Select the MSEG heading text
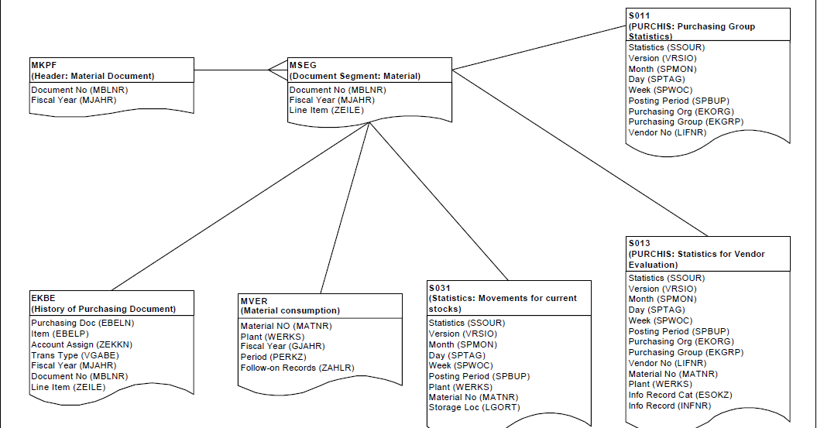click(x=303, y=65)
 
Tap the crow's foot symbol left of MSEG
click(x=277, y=70)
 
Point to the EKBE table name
click(x=43, y=298)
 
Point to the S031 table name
click(x=441, y=287)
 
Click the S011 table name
click(x=640, y=15)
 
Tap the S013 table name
click(x=640, y=243)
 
